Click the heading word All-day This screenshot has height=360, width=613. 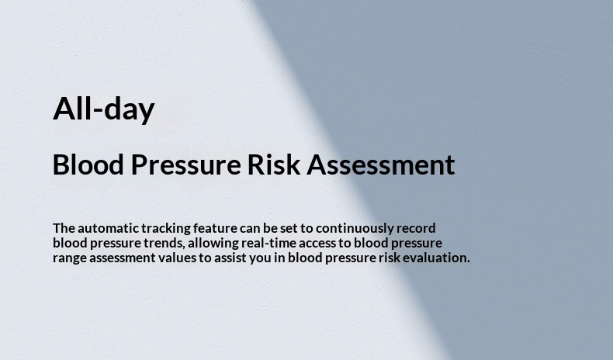[104, 109]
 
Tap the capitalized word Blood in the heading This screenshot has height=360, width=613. [88, 164]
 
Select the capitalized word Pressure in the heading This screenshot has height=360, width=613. [186, 164]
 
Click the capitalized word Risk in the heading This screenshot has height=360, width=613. [274, 164]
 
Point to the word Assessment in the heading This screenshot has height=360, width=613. [381, 164]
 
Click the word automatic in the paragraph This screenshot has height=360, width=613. [108, 228]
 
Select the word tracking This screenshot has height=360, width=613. [166, 229]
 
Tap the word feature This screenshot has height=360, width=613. [215, 228]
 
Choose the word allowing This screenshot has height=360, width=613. [213, 244]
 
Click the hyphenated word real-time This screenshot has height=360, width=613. [268, 243]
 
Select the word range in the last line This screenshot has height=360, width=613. [70, 258]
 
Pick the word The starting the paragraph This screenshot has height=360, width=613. [64, 228]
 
